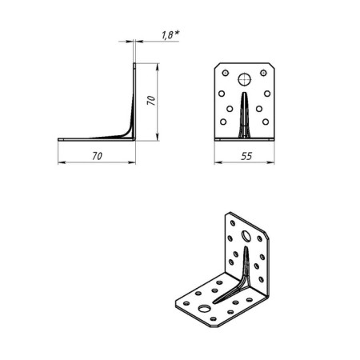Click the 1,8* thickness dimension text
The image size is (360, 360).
coord(169,35)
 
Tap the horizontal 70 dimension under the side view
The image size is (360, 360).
coord(97,158)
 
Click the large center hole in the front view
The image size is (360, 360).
coord(246,80)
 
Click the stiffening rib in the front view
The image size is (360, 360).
coord(246,116)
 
